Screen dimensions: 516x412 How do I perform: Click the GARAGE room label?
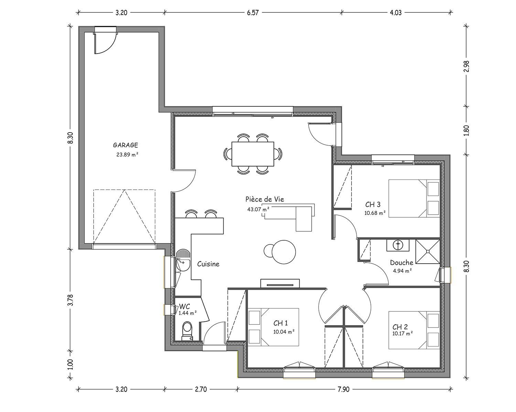point(126,145)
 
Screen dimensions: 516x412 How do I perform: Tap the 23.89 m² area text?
point(127,154)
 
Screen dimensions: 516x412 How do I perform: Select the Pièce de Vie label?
point(265,199)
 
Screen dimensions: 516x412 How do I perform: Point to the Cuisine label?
point(208,264)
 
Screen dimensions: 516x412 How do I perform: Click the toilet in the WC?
point(187,331)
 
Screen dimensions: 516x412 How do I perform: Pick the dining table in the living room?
point(253,154)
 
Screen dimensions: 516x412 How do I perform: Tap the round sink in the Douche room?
point(398,245)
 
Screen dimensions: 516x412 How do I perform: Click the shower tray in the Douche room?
point(428,252)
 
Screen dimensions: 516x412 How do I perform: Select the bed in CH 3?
point(414,198)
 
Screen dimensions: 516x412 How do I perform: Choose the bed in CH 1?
point(273,327)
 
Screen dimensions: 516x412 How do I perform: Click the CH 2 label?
point(400,327)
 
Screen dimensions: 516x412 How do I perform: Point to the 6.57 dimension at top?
point(253,13)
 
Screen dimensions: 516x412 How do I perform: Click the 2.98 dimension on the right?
point(466,66)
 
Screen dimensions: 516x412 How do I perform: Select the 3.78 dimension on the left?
point(70,300)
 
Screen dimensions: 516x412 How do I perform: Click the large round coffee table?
point(283,252)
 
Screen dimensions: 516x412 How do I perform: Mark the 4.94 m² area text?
point(402,271)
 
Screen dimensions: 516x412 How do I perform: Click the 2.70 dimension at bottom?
point(201,389)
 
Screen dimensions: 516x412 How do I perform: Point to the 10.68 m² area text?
point(375,213)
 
